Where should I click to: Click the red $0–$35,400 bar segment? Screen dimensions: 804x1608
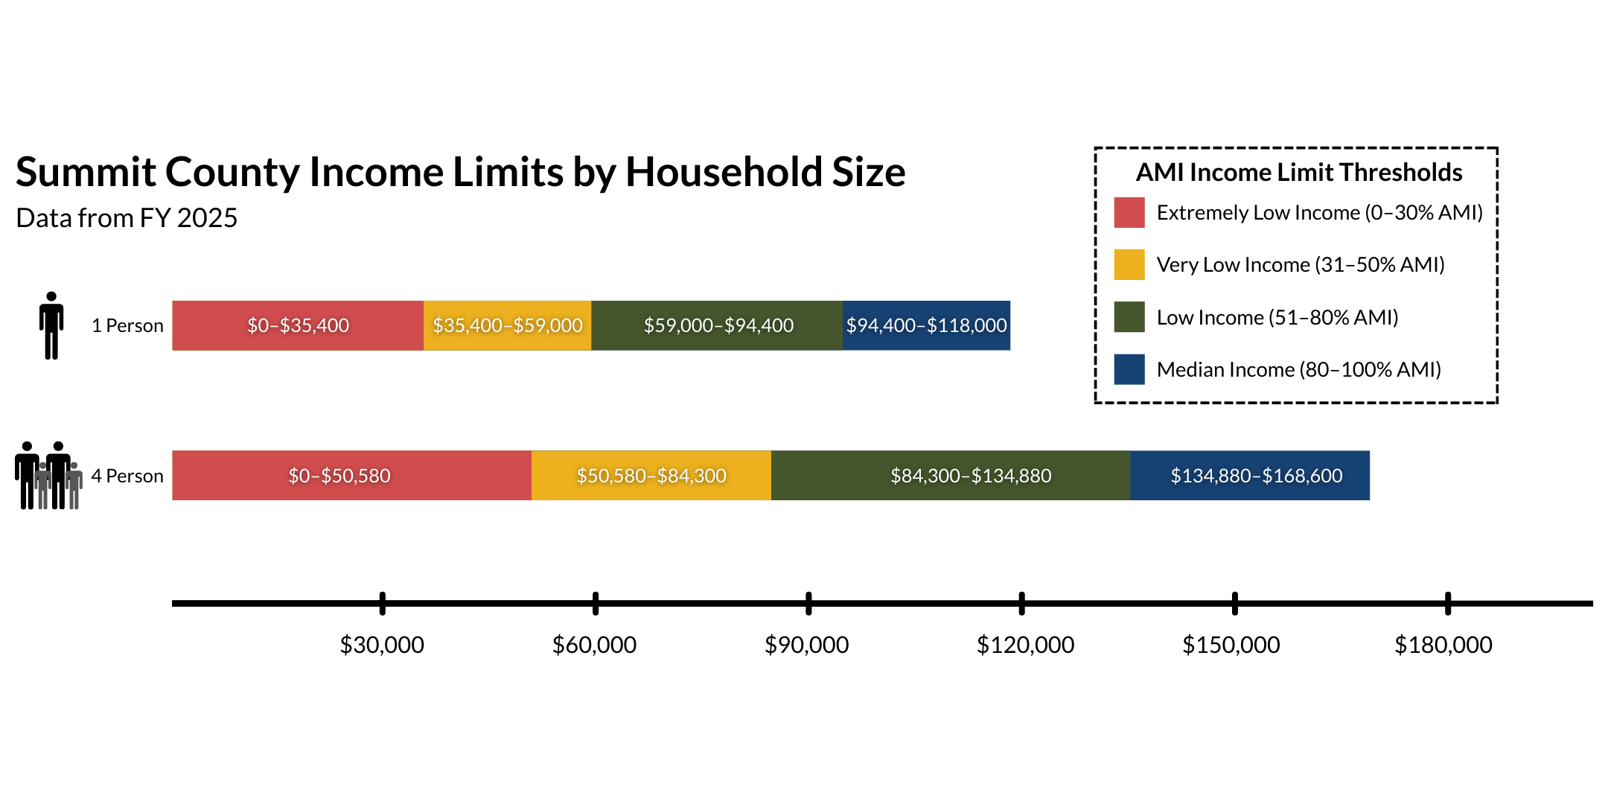(x=298, y=325)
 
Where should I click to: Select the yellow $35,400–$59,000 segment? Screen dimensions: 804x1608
(x=507, y=325)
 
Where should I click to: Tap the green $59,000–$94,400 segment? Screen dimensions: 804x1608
(x=717, y=325)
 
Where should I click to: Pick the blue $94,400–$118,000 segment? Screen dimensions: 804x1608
(x=926, y=325)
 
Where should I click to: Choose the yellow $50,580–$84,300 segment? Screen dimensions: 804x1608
(x=651, y=476)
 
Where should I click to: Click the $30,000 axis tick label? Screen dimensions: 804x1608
(x=382, y=645)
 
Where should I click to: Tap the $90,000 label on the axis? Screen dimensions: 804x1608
(x=807, y=645)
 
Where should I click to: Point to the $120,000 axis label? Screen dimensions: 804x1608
(x=1025, y=645)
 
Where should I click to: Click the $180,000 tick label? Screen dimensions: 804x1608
(x=1443, y=645)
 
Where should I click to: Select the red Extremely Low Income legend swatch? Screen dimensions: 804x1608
(x=1129, y=213)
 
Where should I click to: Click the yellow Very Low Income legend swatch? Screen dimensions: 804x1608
(x=1129, y=265)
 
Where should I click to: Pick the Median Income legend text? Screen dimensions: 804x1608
(x=1298, y=370)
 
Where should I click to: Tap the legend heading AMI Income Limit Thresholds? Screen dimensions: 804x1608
(x=1298, y=173)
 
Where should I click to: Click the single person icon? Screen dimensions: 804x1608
(x=51, y=325)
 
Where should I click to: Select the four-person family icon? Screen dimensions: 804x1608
(x=48, y=476)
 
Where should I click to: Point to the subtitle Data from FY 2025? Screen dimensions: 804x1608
(x=127, y=218)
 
